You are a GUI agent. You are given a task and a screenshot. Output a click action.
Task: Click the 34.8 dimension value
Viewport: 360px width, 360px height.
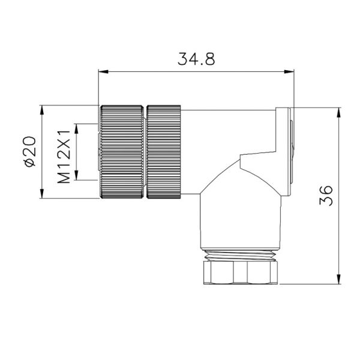(196, 59)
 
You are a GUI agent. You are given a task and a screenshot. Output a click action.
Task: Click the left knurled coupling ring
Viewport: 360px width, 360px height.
(122, 152)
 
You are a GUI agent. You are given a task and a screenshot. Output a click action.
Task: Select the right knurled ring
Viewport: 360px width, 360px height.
(164, 152)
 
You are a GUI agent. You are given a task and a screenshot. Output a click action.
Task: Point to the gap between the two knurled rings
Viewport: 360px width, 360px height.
(145, 152)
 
